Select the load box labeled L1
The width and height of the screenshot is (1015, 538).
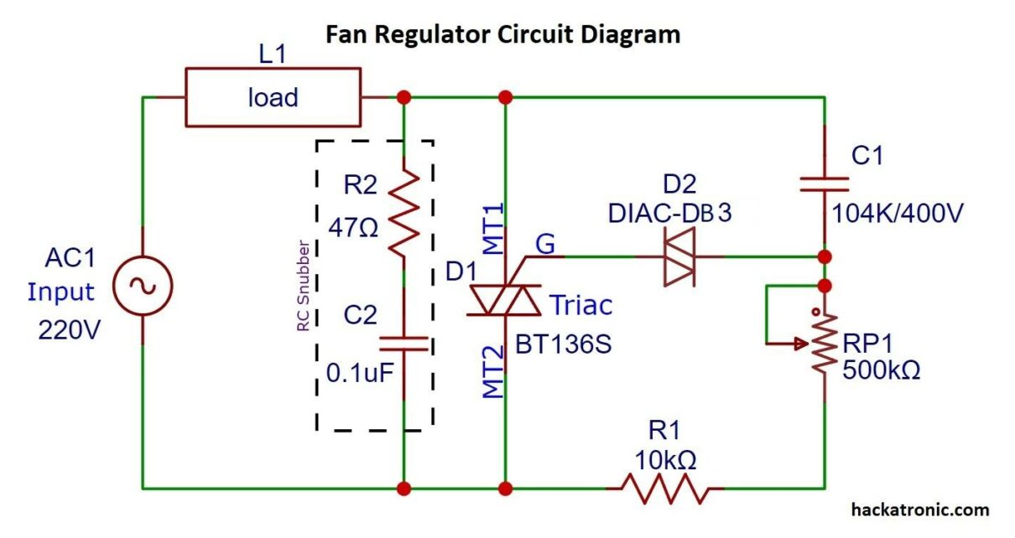point(273,98)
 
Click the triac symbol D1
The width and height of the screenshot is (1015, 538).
point(504,300)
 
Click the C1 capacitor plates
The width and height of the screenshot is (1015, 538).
point(825,184)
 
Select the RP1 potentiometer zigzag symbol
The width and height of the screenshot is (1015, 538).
point(825,344)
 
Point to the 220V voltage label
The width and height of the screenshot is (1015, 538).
point(70,330)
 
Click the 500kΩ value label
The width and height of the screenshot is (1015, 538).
point(881,370)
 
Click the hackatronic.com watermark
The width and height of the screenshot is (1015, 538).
point(919,510)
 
